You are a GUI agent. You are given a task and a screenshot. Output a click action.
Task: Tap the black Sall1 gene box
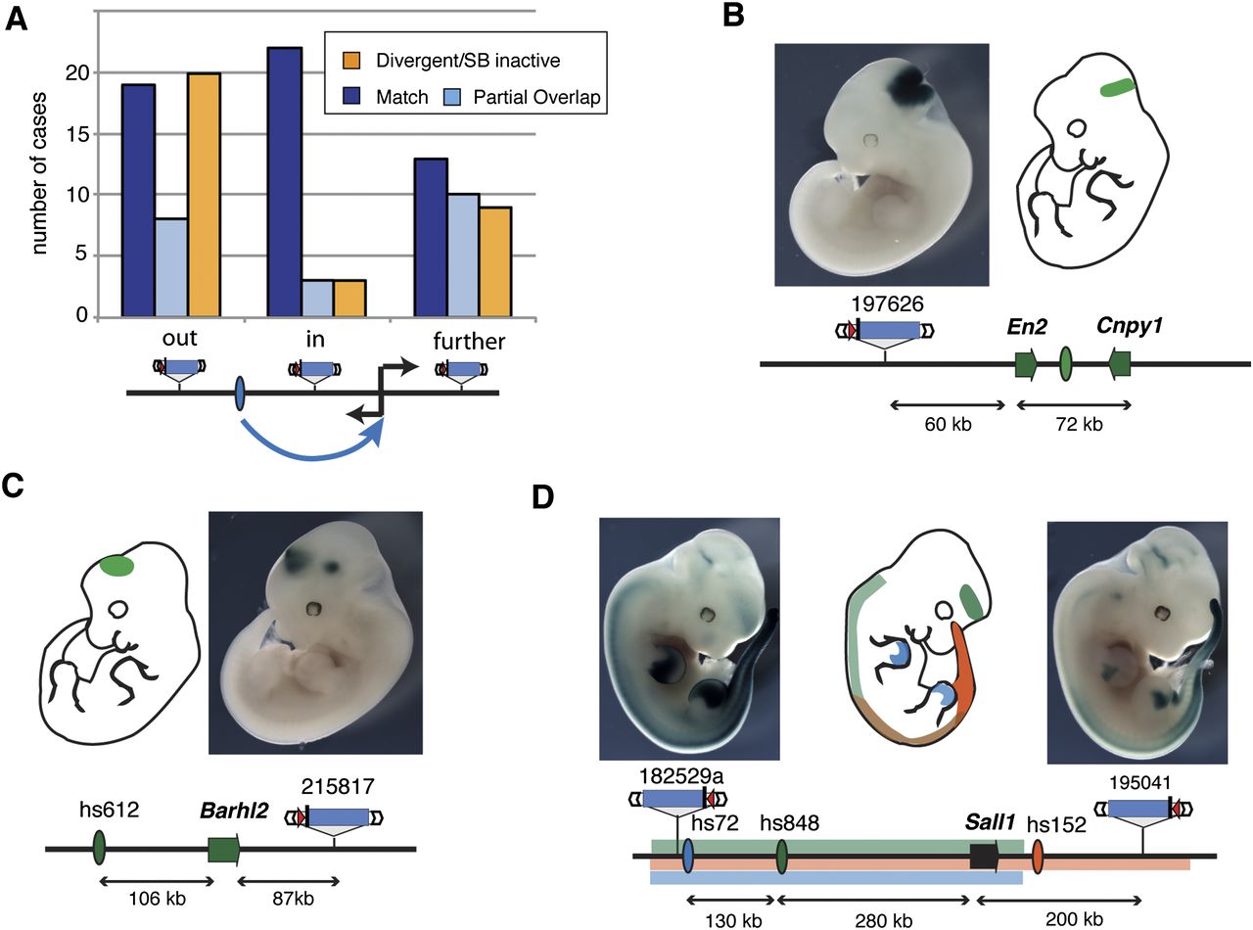point(983,857)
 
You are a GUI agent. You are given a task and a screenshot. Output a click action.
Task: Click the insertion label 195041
point(1143,782)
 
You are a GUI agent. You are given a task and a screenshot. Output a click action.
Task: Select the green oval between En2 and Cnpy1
point(1066,365)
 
